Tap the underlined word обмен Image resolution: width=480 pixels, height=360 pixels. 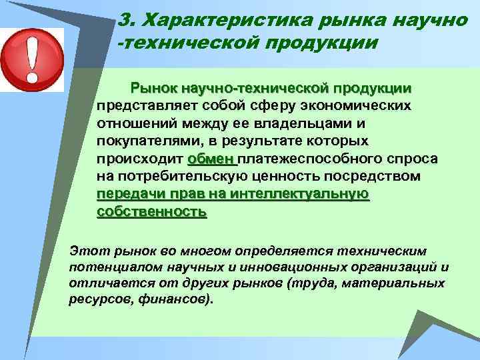211,159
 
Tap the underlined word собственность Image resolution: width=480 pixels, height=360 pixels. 151,212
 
